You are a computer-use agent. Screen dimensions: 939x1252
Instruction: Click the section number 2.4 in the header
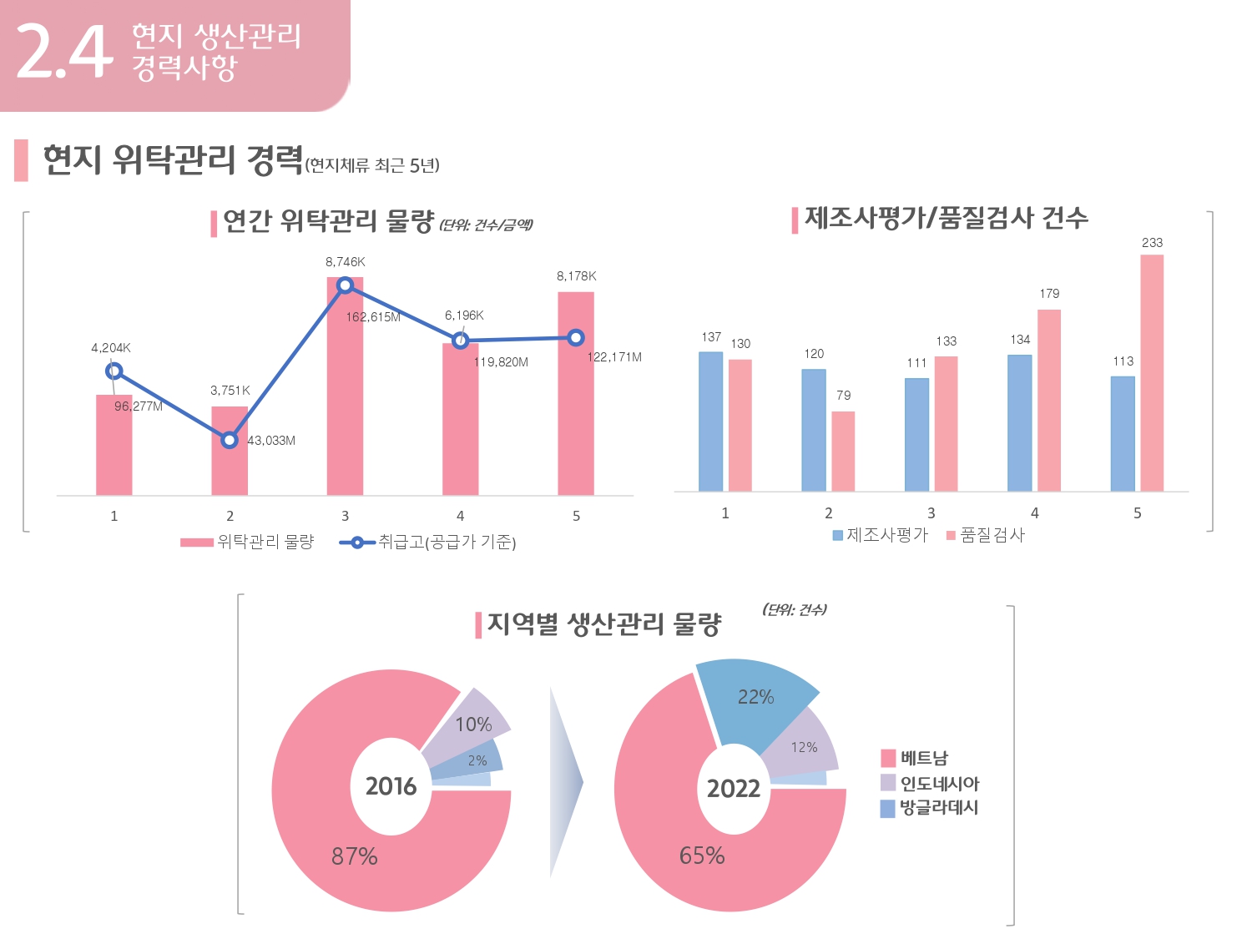click(63, 52)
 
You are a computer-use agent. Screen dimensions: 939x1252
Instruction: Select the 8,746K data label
click(345, 262)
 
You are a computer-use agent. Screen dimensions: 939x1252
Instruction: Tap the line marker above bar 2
click(230, 440)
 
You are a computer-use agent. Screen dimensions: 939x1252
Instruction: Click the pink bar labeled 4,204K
click(114, 447)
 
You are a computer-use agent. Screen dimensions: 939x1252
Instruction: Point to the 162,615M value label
click(373, 317)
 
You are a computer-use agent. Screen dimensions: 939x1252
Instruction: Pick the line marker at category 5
click(575, 338)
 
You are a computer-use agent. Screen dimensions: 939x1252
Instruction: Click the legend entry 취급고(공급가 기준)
click(428, 543)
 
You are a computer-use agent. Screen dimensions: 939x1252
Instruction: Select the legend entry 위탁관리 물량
click(248, 543)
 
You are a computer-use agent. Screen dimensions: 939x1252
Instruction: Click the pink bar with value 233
click(1152, 373)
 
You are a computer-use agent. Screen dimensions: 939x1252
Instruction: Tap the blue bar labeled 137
click(710, 422)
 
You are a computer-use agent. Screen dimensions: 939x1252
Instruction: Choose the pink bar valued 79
click(843, 451)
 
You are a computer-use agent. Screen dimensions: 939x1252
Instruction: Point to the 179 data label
click(1049, 294)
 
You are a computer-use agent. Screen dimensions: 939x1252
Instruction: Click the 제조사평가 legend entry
click(880, 535)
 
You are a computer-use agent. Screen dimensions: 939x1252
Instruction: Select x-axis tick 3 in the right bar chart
click(931, 513)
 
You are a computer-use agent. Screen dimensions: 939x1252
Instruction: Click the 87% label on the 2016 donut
click(355, 856)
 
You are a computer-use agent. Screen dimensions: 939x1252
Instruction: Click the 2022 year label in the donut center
click(734, 789)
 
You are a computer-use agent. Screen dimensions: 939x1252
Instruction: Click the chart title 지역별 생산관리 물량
click(603, 624)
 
